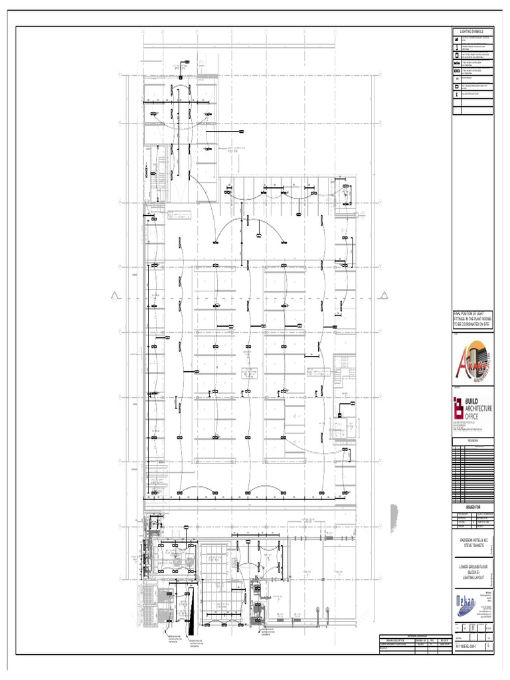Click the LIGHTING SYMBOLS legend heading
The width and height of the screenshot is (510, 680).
coord(473,31)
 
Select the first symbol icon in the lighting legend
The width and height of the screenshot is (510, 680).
coord(457,40)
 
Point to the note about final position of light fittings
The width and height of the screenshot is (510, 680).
coord(473,319)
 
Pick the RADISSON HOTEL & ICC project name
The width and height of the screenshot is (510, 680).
coord(472,545)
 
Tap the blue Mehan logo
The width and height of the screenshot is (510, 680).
coord(465,604)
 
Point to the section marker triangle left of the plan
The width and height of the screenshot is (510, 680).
coord(116,297)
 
